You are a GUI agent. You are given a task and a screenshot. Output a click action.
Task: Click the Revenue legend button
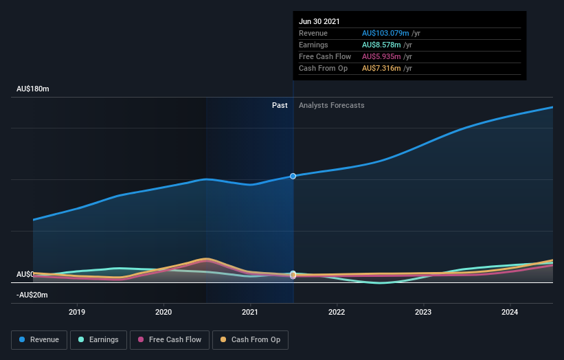39,339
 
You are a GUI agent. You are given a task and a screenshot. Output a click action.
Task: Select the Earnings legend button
99,339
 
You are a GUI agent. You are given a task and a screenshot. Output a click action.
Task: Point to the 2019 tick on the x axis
77,311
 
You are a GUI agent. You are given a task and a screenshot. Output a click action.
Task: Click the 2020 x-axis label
163,311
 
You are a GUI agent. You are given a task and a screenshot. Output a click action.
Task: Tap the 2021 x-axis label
250,311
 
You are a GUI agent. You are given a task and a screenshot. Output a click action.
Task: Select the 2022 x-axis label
337,311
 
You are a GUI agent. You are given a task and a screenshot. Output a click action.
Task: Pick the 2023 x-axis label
423,311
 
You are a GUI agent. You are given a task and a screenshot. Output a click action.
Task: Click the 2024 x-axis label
510,311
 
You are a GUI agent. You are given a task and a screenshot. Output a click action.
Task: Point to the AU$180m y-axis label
33,89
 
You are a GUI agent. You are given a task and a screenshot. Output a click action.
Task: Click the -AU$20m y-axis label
32,295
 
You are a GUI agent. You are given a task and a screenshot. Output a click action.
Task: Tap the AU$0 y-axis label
25,274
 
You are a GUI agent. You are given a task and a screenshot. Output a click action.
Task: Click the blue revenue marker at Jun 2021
293,177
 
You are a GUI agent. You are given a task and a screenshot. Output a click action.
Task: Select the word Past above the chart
280,105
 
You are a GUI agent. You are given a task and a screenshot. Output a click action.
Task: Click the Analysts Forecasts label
331,105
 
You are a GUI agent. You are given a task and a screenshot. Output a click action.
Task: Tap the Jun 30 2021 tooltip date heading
319,21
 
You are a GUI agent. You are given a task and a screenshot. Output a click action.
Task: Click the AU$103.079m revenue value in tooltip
386,33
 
